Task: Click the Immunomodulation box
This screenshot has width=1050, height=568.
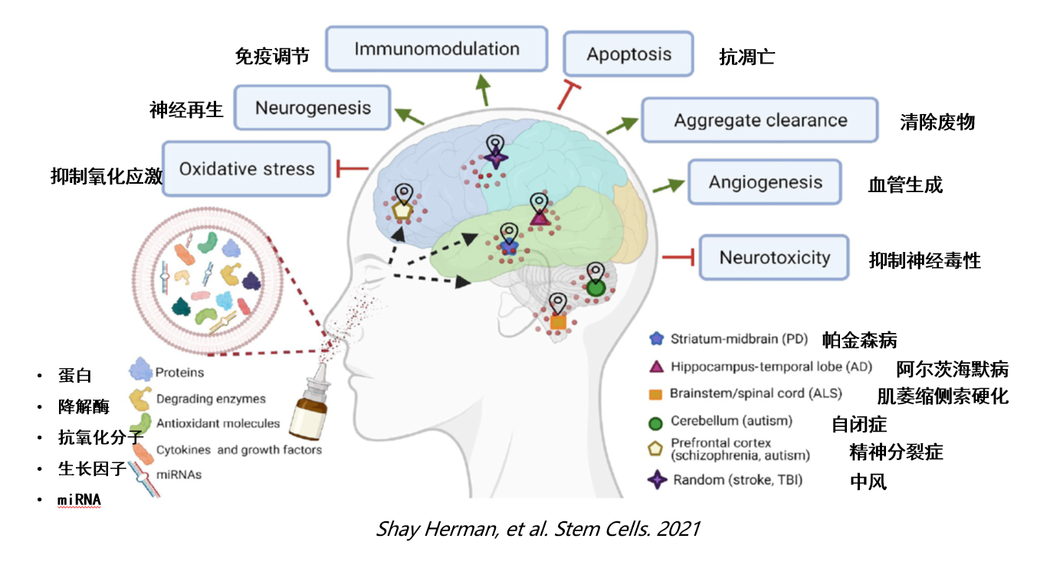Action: [437, 49]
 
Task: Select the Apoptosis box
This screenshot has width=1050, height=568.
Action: [628, 54]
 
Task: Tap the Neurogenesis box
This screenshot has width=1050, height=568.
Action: [313, 108]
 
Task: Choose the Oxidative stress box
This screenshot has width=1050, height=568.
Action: [247, 169]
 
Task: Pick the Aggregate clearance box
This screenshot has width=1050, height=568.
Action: [760, 120]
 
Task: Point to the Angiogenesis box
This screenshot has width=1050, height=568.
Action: [765, 182]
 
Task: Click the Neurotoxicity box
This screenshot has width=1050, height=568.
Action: [774, 257]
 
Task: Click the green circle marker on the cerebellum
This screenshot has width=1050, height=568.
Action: [596, 289]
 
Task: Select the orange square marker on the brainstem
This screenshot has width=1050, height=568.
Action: [558, 322]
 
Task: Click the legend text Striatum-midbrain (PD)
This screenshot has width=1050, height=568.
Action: [735, 338]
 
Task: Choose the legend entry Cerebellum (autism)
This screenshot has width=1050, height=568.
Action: [731, 421]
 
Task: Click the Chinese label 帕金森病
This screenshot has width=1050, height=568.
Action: [859, 340]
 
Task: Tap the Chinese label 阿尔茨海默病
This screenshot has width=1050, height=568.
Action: [953, 369]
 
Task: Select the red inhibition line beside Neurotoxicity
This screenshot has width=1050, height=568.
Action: [678, 258]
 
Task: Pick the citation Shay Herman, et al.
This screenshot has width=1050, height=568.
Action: [537, 529]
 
